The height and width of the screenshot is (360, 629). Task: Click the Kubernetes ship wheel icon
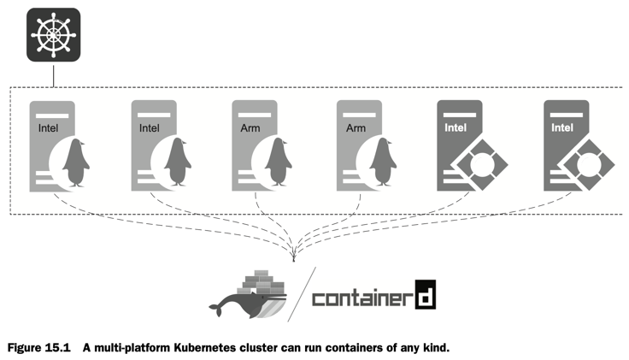point(53,35)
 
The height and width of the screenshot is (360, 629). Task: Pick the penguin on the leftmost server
point(76,163)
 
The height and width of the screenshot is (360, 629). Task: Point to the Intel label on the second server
point(149,128)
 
